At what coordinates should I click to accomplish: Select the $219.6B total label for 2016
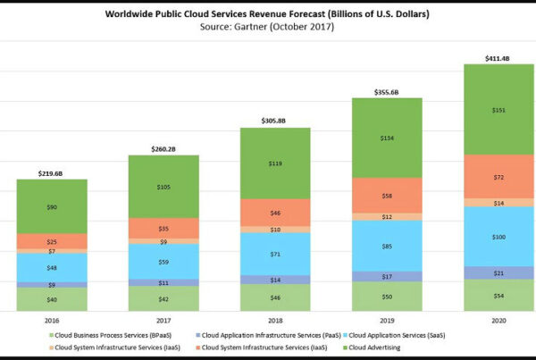52,173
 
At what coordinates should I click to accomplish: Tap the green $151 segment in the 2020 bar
498,110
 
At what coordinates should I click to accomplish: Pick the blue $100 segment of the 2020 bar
498,237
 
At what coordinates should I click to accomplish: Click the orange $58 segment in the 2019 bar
386,195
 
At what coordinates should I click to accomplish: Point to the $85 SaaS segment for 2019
386,246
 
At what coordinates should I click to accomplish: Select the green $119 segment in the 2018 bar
274,163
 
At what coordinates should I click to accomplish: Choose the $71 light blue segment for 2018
274,254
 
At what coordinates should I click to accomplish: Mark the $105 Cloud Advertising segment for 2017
163,188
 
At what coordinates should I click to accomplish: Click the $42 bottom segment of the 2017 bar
163,299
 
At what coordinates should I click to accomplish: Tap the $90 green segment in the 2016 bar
52,207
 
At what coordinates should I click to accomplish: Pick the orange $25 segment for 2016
52,241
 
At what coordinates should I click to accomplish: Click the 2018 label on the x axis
274,319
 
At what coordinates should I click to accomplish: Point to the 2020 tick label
498,319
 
